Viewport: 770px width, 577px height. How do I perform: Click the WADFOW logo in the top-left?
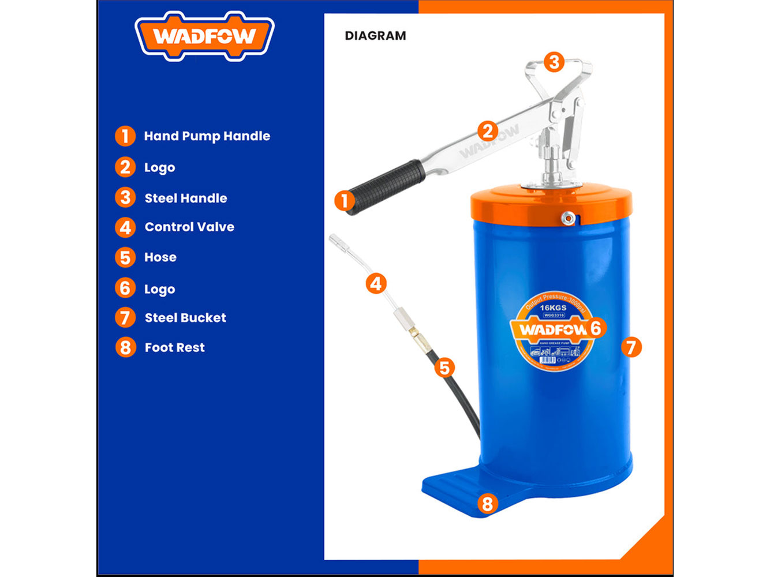click(204, 36)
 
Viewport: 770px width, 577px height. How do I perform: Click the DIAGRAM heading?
click(375, 36)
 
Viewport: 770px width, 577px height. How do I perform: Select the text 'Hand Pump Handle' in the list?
click(207, 136)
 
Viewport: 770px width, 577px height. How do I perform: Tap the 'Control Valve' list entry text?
click(189, 227)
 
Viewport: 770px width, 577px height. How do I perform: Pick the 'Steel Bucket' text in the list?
click(185, 317)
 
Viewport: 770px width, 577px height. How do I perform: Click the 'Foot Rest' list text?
click(174, 347)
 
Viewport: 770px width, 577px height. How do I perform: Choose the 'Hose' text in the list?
click(160, 257)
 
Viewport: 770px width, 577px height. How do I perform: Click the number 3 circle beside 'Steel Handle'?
click(125, 197)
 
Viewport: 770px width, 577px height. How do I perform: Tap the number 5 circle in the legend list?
click(125, 257)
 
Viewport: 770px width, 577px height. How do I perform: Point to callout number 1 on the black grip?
click(345, 201)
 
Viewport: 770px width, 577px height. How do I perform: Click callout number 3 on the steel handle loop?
click(554, 62)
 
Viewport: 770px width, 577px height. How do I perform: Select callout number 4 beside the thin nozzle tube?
click(376, 283)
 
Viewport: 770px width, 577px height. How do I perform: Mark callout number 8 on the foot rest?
click(487, 504)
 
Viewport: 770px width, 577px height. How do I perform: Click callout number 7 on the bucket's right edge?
click(631, 347)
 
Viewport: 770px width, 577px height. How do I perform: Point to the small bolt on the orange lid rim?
click(569, 218)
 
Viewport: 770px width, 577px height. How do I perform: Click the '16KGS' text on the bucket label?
click(553, 308)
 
